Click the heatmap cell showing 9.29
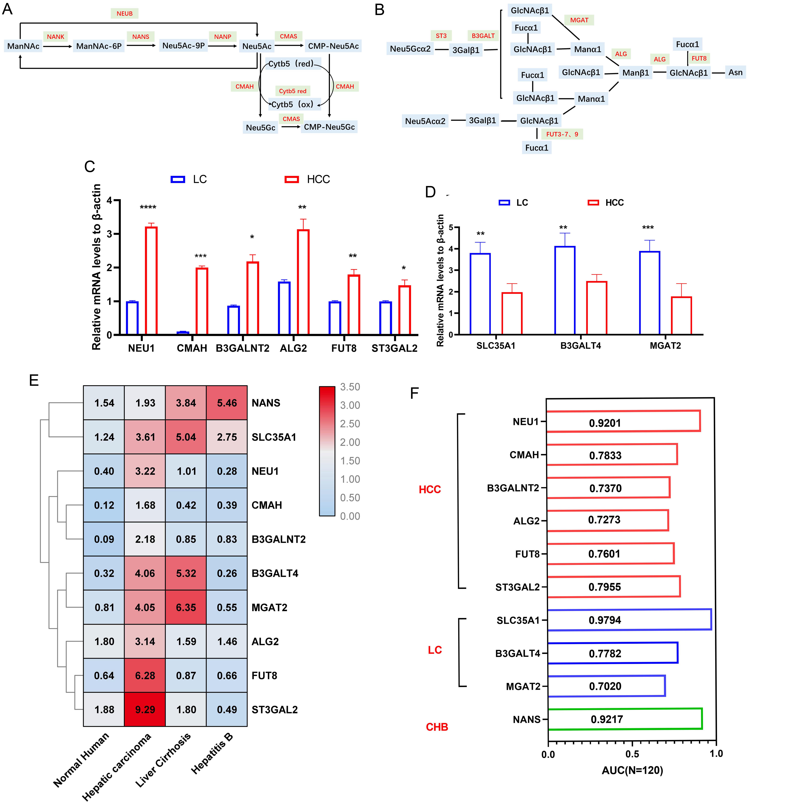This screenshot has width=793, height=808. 145,709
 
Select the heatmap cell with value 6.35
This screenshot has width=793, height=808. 186,607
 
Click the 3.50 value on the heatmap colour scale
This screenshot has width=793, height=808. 350,387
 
